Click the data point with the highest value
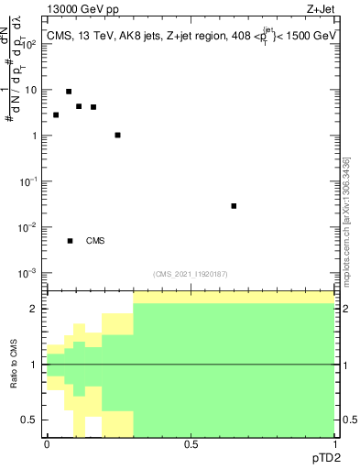tap(69, 92)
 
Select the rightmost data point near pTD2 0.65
tap(235, 206)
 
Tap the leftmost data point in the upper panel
tap(56, 115)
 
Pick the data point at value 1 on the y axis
tap(117, 135)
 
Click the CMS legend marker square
tap(70, 241)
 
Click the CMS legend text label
tap(95, 241)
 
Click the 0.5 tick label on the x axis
tap(191, 443)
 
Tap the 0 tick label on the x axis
tap(47, 443)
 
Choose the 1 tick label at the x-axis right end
tap(333, 443)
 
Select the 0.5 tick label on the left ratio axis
tap(28, 420)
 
